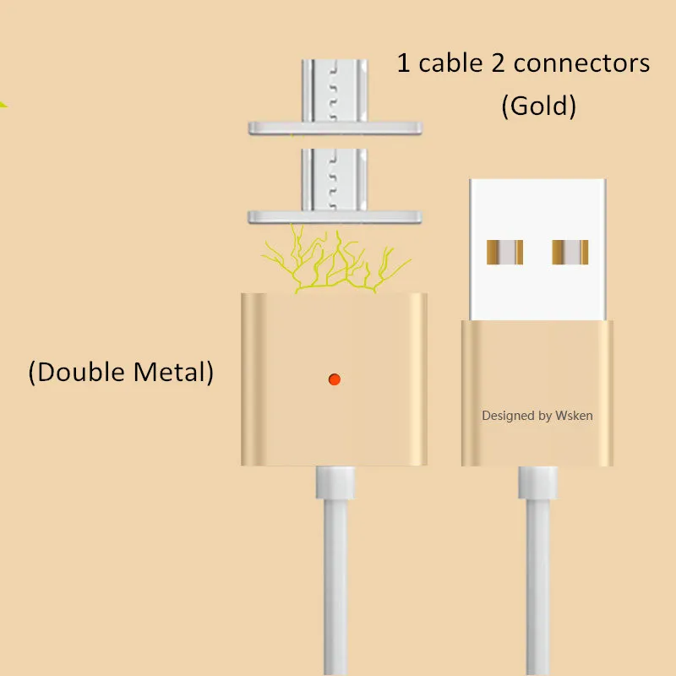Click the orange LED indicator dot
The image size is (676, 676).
point(335,378)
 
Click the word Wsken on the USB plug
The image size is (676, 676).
point(574,416)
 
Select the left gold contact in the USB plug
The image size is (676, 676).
point(505,251)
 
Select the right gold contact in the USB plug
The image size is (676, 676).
point(569,251)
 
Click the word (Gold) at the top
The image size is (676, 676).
point(538,106)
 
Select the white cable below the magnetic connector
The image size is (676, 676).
point(335,575)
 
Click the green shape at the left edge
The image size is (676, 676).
point(3,105)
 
